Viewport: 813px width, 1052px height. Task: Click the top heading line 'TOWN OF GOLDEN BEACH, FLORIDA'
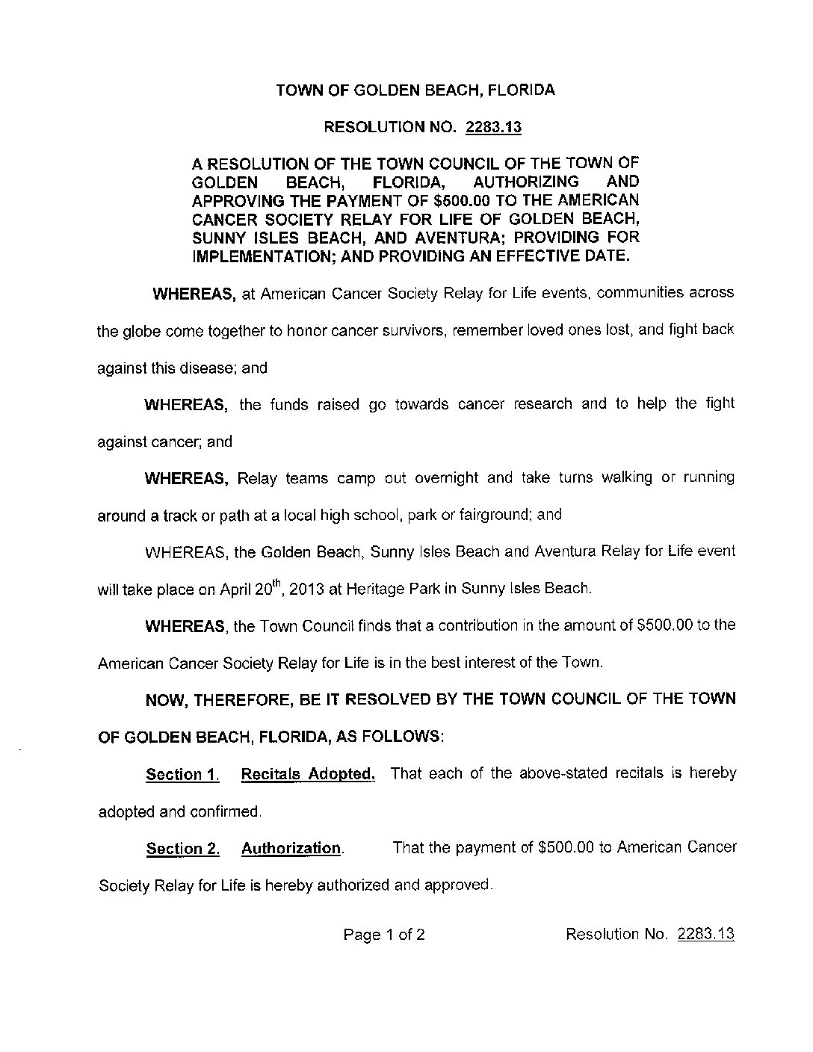415,90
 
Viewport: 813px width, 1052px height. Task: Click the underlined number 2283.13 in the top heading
493,127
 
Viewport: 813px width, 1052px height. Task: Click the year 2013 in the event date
305,588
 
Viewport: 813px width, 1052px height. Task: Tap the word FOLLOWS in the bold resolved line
402,736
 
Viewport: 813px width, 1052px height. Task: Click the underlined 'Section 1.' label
182,774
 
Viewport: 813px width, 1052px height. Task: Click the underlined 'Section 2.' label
182,848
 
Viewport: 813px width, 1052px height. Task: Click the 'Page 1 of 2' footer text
384,934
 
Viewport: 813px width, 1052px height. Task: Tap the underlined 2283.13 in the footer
705,934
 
